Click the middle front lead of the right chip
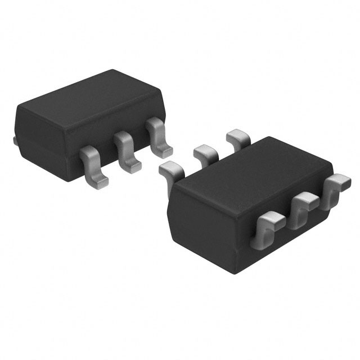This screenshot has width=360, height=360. click(303, 205)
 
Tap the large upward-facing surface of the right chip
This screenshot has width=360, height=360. click(253, 169)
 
